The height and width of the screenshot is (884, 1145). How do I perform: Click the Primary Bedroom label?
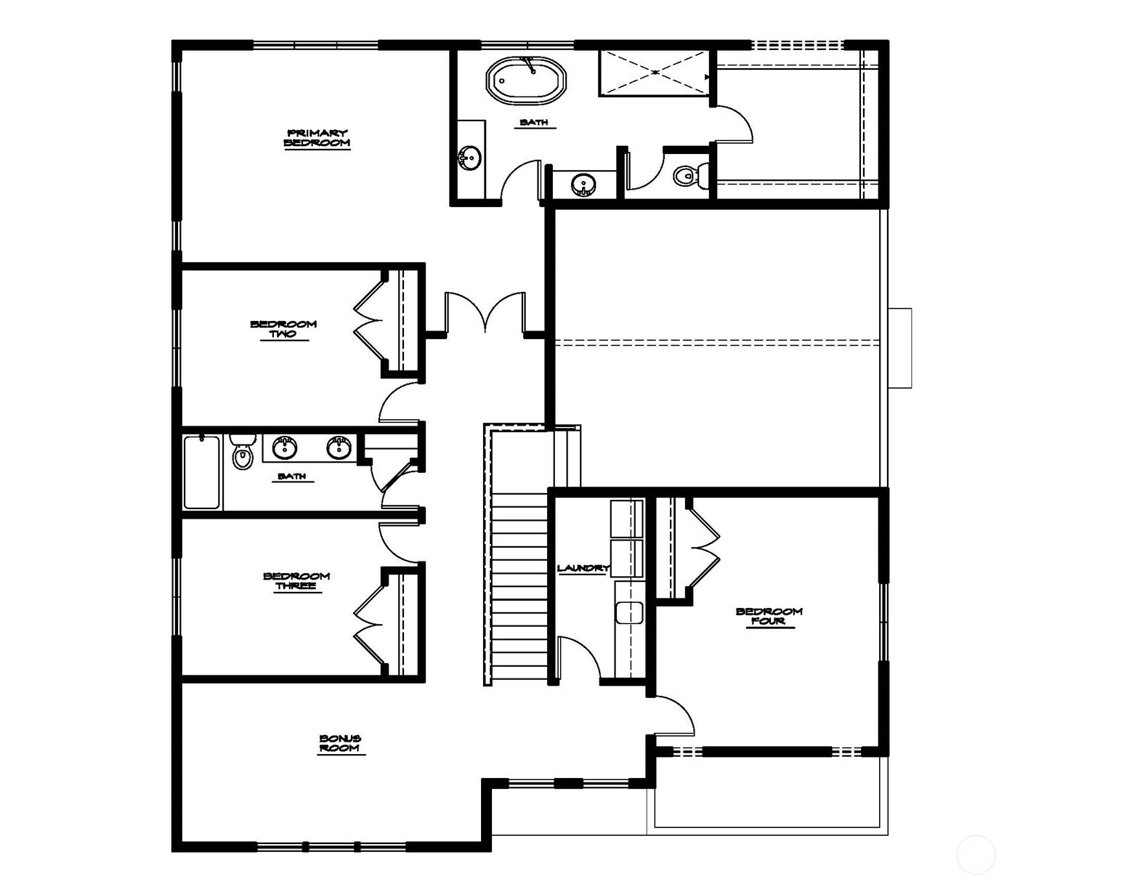[317, 138]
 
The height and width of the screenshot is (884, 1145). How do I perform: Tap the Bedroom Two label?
[283, 329]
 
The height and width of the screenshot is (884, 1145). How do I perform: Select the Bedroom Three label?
[296, 581]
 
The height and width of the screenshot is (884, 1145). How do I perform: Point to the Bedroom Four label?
[769, 617]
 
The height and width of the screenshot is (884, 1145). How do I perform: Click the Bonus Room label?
[341, 743]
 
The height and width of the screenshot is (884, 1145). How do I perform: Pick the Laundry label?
[583, 568]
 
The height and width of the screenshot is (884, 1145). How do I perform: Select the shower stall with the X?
[654, 73]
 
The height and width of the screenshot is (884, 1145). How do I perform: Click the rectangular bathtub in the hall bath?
[202, 472]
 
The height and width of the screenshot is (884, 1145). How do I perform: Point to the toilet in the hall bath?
[243, 452]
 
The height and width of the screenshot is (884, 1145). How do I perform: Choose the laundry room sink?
[630, 612]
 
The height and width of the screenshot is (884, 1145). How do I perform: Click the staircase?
[519, 585]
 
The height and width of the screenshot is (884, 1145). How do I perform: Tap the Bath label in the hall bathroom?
[292, 477]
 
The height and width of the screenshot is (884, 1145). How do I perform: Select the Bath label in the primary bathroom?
[534, 122]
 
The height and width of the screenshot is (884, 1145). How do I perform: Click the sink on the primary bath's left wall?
[469, 157]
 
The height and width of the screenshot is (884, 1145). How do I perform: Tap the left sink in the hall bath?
[285, 447]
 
